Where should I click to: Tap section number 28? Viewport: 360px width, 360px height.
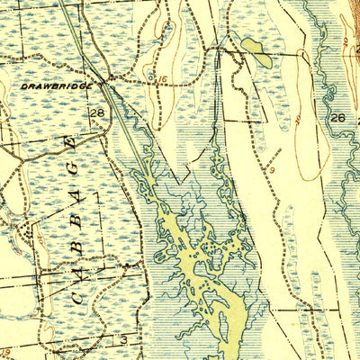(96, 111)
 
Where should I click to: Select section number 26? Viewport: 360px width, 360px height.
(337, 118)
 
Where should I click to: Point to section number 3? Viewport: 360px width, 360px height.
(124, 339)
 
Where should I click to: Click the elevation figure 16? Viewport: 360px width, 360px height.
(161, 81)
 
